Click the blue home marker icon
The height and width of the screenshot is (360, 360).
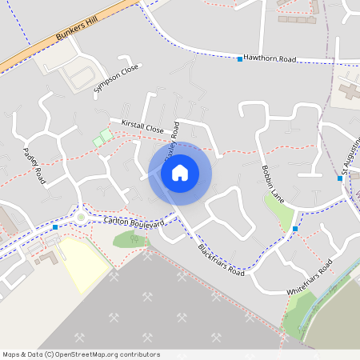coord(180,173)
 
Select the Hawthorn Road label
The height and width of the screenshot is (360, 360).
coord(270,59)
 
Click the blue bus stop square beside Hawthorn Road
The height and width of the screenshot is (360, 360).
coord(239,59)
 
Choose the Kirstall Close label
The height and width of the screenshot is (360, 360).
coord(142,126)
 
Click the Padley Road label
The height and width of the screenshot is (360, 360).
coord(34,166)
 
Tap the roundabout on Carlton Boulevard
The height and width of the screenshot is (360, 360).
coord(81,216)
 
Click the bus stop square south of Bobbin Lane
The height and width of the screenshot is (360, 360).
coord(295,230)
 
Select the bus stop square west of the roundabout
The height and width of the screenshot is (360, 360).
coord(54,227)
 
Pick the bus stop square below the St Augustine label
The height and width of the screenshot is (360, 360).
coord(340,178)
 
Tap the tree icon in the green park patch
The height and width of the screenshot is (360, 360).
coord(131,239)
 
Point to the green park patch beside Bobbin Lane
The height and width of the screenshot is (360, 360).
coord(278,210)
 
